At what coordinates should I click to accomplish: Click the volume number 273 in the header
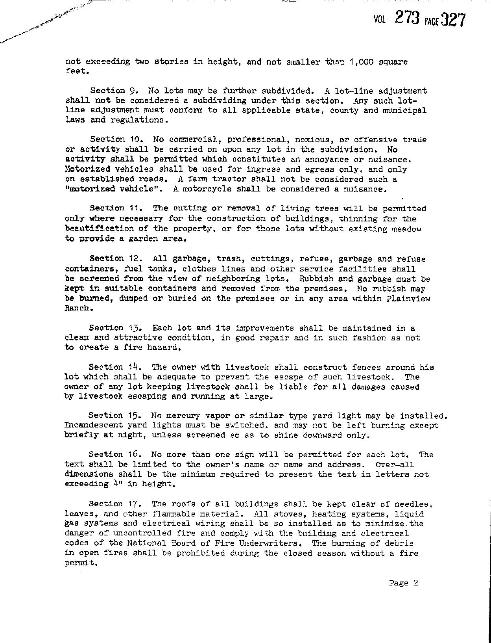pyautogui.click(x=407, y=18)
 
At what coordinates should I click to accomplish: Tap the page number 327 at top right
pyautogui.click(x=453, y=20)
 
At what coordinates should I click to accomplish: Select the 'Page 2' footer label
pyautogui.click(x=403, y=583)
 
